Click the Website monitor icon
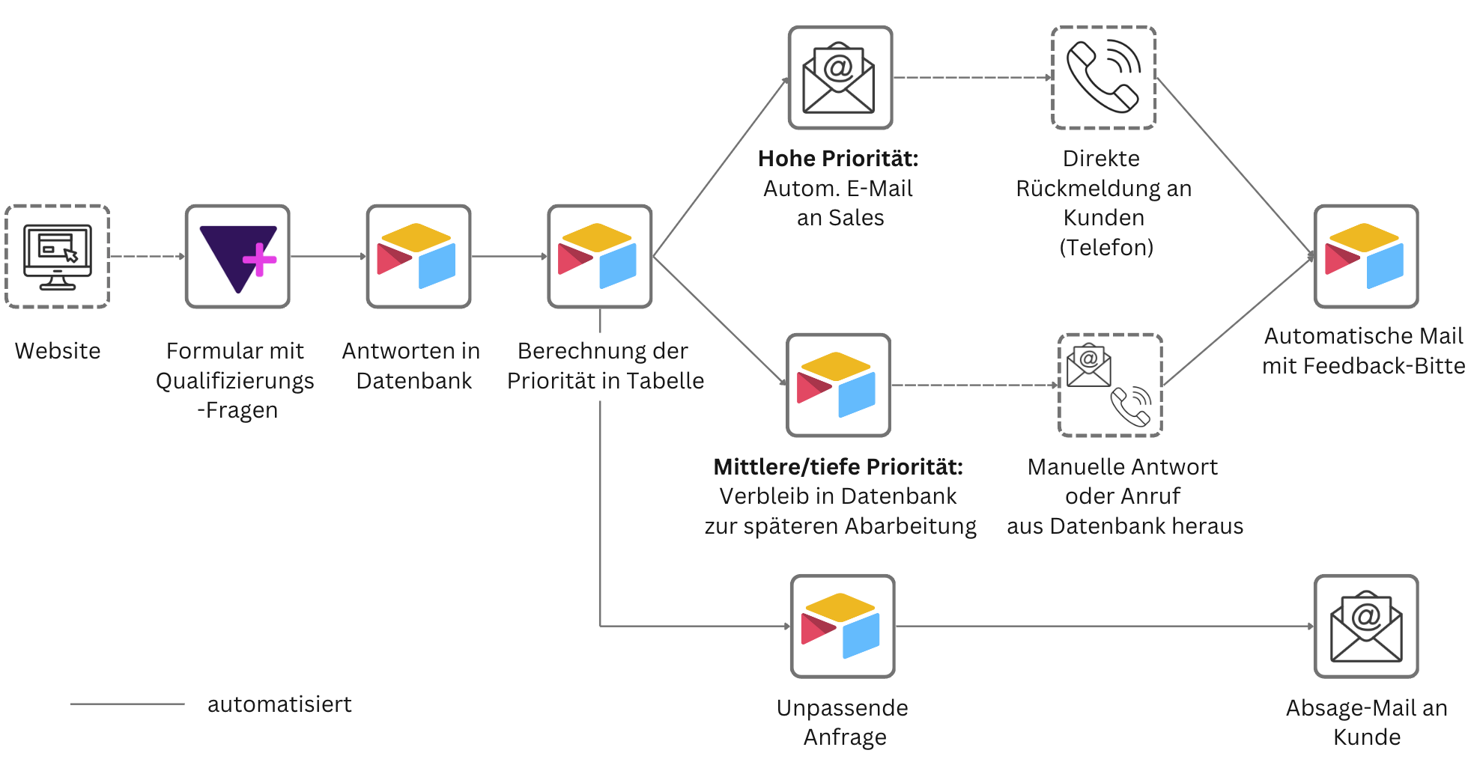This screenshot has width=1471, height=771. [58, 257]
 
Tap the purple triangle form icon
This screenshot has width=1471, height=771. [237, 257]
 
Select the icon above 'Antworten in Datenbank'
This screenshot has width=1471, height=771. [419, 257]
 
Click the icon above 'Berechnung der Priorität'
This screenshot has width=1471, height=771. [600, 257]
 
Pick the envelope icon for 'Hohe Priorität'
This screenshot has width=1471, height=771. [840, 78]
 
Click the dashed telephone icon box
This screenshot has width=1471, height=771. [1104, 78]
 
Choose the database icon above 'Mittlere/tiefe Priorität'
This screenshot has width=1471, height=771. [839, 385]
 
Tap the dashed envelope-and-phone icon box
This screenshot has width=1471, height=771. [1110, 385]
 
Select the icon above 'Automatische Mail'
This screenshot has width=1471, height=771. [1366, 257]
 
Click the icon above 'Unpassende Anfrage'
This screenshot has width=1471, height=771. [843, 627]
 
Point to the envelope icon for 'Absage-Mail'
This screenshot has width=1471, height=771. [1366, 627]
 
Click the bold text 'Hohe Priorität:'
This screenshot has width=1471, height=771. [838, 159]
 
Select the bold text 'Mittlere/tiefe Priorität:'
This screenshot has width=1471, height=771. [838, 467]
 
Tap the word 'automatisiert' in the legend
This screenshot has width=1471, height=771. [279, 704]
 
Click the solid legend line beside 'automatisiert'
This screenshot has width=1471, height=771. [127, 704]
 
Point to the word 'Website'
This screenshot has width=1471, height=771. [58, 351]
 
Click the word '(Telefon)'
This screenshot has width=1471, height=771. [1106, 248]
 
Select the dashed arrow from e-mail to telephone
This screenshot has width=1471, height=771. [972, 78]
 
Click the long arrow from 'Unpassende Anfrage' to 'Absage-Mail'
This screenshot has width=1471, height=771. [1105, 627]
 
